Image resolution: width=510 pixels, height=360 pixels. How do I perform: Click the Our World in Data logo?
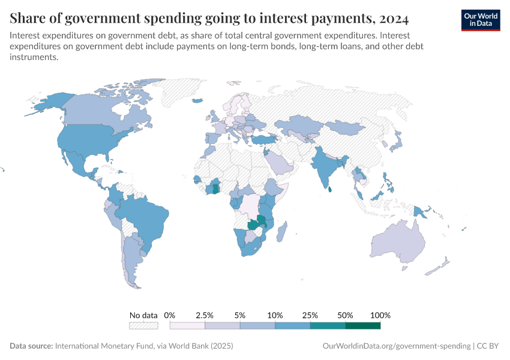[x=480, y=20]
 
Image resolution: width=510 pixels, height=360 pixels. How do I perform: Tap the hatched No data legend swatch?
[x=143, y=326]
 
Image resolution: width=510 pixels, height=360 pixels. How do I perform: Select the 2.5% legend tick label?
[x=205, y=315]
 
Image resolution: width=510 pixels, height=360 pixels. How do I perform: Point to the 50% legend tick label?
[x=345, y=315]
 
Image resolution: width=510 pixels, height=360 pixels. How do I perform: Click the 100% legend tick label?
[x=380, y=315]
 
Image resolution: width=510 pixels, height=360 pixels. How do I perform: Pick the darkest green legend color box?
[x=362, y=326]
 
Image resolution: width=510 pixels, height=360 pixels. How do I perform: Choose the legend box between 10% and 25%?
[x=292, y=326]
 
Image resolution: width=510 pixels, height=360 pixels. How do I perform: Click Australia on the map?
[x=399, y=243]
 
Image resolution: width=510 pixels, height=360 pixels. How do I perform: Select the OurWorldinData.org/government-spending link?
[x=397, y=346]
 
